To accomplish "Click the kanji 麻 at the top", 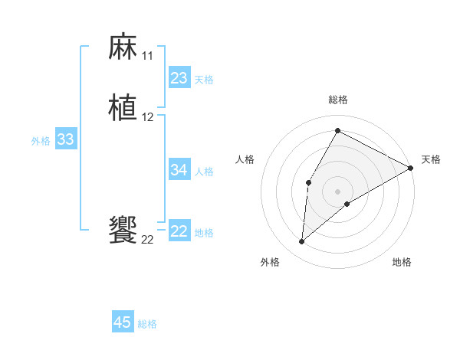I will click(x=123, y=47).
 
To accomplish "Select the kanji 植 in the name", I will click(x=123, y=108).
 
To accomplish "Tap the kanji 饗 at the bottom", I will click(x=123, y=231).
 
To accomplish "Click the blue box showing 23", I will click(x=179, y=78).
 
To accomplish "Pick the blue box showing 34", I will click(x=179, y=170).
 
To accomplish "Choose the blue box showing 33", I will click(x=65, y=139).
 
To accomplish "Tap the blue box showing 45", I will click(x=123, y=322).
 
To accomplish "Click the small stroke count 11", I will click(x=147, y=56).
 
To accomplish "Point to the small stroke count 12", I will click(x=147, y=117).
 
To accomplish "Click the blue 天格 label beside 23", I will click(x=204, y=80).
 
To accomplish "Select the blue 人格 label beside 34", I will click(x=204, y=172).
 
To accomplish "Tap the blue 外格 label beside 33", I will click(x=41, y=141).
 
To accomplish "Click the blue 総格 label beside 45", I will click(x=147, y=324).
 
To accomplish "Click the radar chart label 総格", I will click(x=337, y=100).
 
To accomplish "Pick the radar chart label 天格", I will click(x=431, y=159).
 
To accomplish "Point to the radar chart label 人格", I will click(x=245, y=159).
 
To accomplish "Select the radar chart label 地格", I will click(x=402, y=262).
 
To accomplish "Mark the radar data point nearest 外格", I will click(x=302, y=242).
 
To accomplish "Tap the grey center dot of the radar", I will click(x=337, y=191).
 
